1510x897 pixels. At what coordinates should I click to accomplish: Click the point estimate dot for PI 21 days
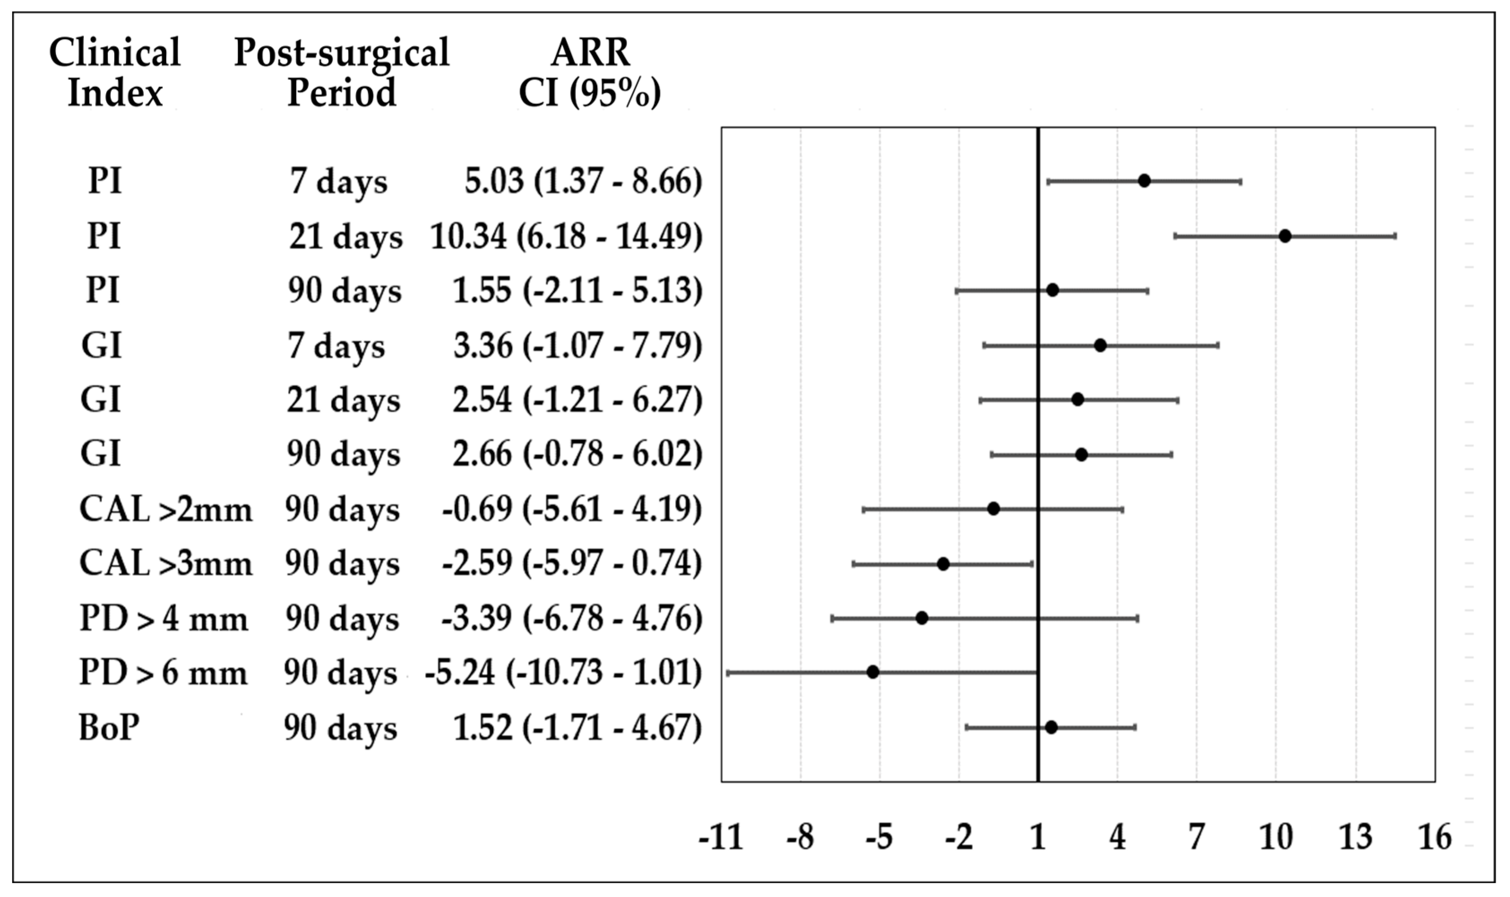[1285, 236]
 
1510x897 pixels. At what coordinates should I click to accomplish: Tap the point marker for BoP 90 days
[1051, 727]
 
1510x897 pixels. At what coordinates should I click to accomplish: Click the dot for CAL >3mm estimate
[943, 564]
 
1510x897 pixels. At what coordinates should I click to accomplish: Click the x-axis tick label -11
[721, 838]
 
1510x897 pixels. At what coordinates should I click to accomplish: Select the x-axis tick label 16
[1434, 838]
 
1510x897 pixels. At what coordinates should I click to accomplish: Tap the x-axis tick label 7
[1196, 838]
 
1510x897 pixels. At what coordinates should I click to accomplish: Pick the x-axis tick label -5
[879, 838]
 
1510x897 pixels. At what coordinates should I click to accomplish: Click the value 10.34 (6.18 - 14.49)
[566, 236]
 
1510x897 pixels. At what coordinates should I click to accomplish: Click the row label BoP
[109, 727]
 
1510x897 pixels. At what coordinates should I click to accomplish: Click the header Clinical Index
[115, 72]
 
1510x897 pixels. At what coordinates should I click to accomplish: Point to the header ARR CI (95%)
[589, 72]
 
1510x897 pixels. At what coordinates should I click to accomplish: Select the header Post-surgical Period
[341, 72]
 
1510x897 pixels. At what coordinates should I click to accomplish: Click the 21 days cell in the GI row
[343, 400]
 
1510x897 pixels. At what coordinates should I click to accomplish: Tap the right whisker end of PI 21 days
[1395, 236]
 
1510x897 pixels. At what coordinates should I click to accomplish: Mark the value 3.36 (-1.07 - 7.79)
[577, 346]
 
